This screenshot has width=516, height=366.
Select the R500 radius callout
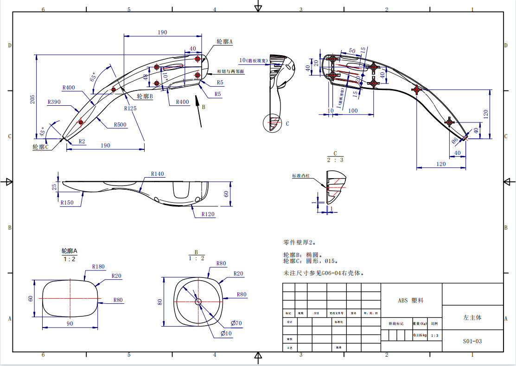click(121, 124)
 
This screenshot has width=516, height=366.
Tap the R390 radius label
click(54, 102)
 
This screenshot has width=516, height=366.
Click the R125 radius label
click(130, 108)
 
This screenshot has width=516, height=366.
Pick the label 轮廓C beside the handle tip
click(40, 147)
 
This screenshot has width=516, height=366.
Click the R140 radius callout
click(157, 174)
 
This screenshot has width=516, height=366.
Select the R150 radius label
click(67, 202)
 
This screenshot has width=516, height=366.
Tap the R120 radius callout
click(208, 214)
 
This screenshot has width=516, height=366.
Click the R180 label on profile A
click(98, 266)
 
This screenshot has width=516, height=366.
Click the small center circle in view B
click(198, 302)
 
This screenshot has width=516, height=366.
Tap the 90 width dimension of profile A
click(70, 323)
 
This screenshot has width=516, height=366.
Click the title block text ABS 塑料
click(411, 301)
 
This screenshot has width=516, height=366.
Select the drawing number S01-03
click(472, 341)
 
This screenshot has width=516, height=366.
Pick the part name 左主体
click(472, 318)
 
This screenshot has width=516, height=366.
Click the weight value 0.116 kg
click(420, 335)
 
